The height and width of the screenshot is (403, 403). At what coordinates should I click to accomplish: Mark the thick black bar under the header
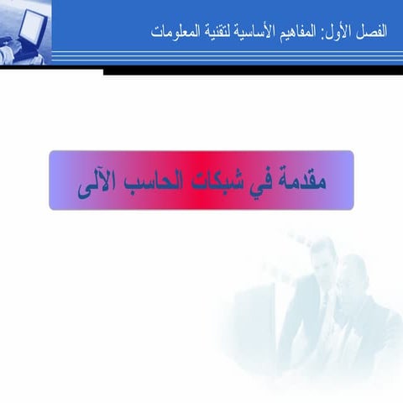pos(252,72)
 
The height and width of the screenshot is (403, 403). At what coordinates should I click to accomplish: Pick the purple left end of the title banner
pos(60,180)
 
